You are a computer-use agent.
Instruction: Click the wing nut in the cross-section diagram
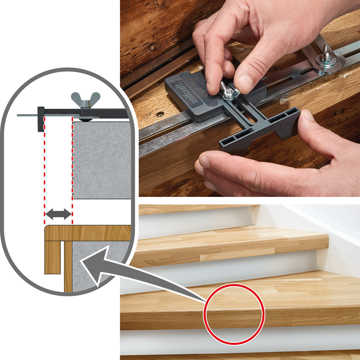coord(85,100)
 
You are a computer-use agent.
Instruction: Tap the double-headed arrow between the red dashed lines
coord(58,214)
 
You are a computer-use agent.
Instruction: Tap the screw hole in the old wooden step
coord(161,114)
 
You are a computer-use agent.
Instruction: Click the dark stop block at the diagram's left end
coord(41,119)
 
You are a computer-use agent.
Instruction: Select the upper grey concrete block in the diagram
coord(102,159)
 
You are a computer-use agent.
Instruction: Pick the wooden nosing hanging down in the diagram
coord(52,256)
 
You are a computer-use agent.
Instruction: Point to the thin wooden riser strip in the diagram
coord(68,267)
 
